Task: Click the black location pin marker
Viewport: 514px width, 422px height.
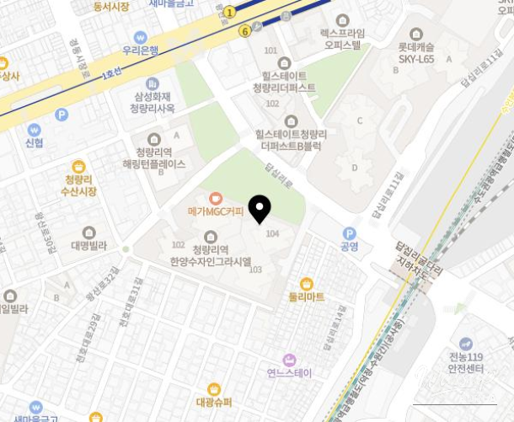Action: pyautogui.click(x=260, y=207)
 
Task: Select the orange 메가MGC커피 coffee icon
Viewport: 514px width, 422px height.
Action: pyautogui.click(x=216, y=198)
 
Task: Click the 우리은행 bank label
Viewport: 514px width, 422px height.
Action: pyautogui.click(x=140, y=51)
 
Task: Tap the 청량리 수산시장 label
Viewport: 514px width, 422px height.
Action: pyautogui.click(x=80, y=185)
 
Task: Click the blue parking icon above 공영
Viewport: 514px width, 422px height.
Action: pyautogui.click(x=349, y=233)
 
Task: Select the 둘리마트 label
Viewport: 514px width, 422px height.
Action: pyautogui.click(x=307, y=297)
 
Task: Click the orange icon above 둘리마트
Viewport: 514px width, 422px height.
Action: pyautogui.click(x=307, y=284)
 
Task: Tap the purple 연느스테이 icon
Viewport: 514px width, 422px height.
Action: pyautogui.click(x=289, y=360)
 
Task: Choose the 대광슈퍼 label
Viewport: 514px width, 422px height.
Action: pyautogui.click(x=214, y=402)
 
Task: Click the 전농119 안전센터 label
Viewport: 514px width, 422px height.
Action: pyautogui.click(x=465, y=362)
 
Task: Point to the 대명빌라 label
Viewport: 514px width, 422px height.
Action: pyautogui.click(x=88, y=246)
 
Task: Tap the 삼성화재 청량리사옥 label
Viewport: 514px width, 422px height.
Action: pyautogui.click(x=153, y=103)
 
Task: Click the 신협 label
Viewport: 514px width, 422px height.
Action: pyautogui.click(x=34, y=143)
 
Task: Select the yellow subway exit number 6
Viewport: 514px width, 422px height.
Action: pyautogui.click(x=244, y=31)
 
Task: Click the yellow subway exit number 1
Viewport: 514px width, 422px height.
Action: pyautogui.click(x=229, y=12)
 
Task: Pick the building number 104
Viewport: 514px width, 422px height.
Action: pyautogui.click(x=272, y=233)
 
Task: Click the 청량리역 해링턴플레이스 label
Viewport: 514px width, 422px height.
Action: pyautogui.click(x=154, y=158)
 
